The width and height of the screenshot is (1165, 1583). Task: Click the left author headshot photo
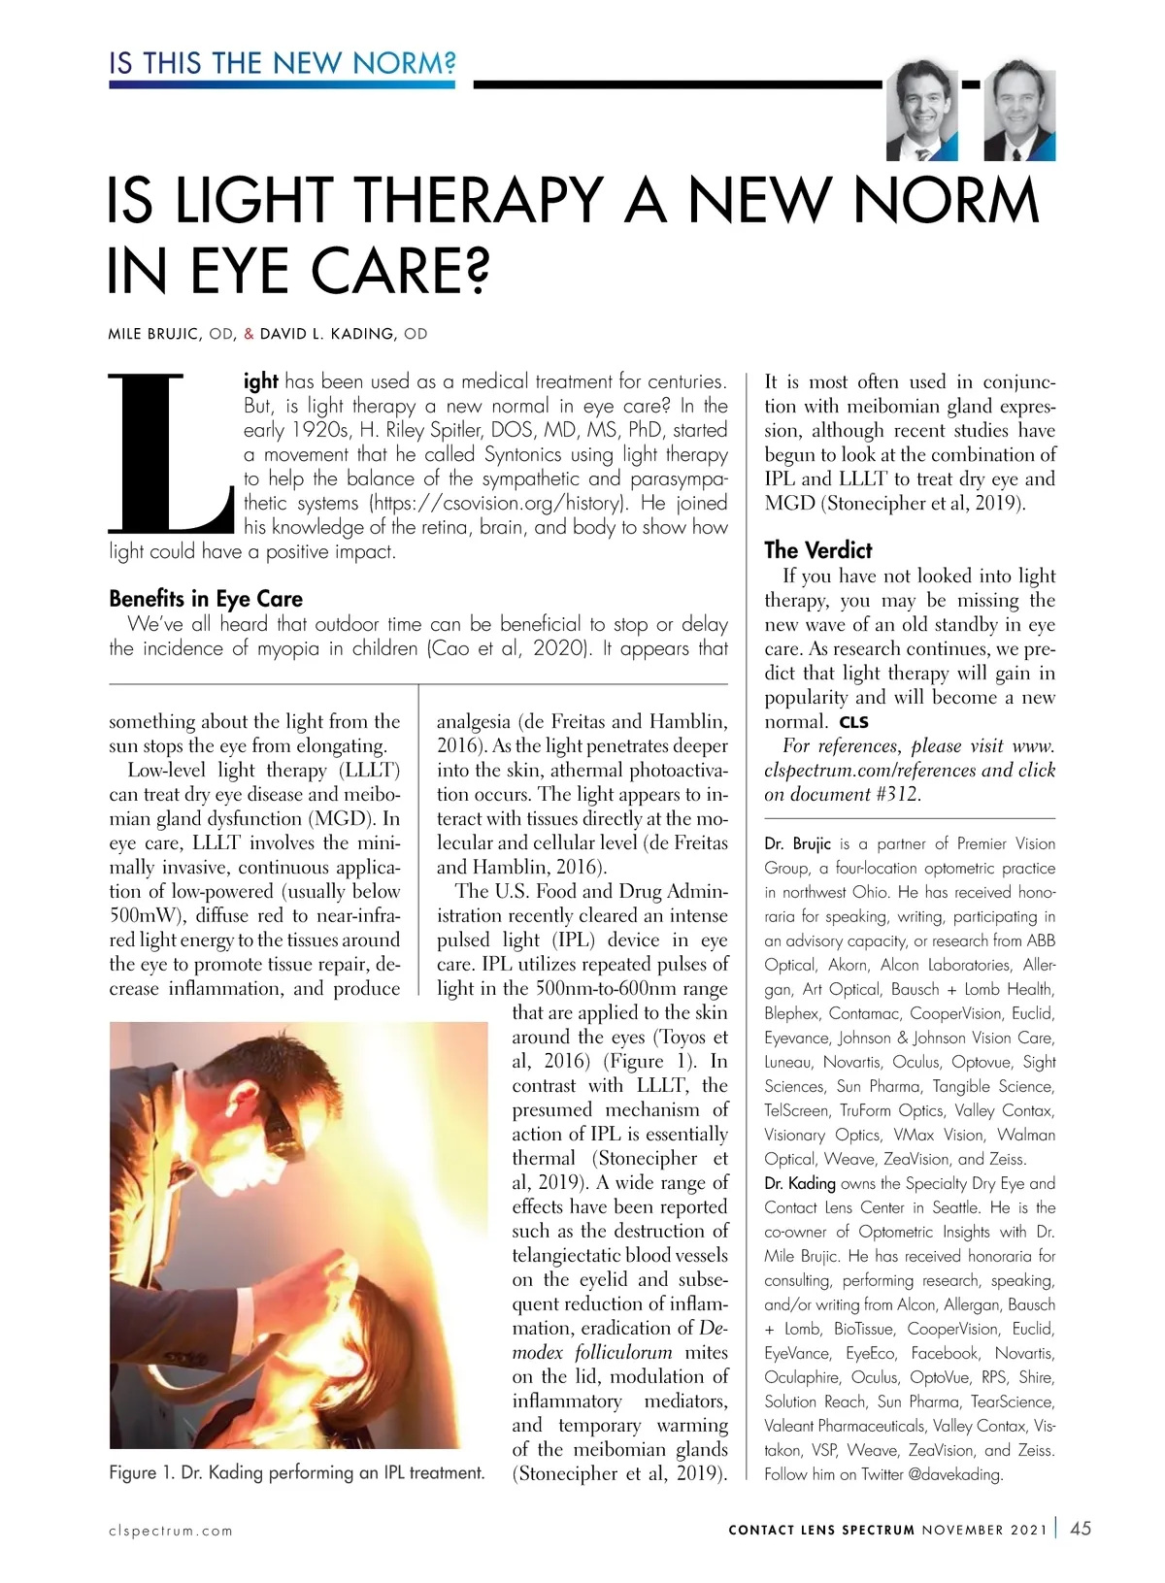[x=921, y=112]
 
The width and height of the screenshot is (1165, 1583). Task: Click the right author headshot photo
[x=1019, y=114]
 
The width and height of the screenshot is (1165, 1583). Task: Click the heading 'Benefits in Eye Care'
[x=206, y=598]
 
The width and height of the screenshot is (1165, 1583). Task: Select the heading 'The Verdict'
[x=817, y=550]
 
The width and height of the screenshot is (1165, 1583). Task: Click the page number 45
[x=1080, y=1529]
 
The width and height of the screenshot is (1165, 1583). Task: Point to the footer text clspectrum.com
[x=171, y=1531]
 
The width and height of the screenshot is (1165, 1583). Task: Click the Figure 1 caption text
[x=296, y=1472]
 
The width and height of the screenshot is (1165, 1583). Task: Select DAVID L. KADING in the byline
[x=327, y=334]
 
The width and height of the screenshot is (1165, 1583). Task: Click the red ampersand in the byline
[x=249, y=334]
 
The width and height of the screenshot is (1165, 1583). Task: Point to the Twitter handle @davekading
[x=955, y=1474]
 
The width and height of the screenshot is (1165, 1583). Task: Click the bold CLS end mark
[x=854, y=722]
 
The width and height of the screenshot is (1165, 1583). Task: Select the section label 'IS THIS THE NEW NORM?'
[x=282, y=64]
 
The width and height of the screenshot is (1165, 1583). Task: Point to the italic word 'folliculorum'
[x=623, y=1352]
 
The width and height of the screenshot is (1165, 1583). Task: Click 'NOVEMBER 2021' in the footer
[x=984, y=1531]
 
